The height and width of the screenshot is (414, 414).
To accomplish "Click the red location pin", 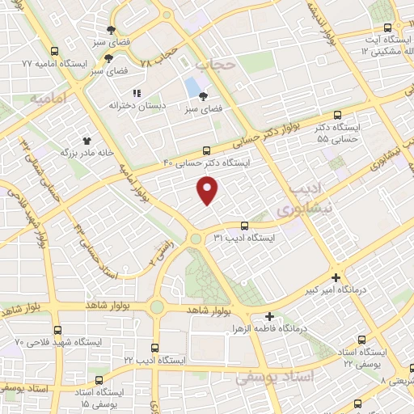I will pos(209,191).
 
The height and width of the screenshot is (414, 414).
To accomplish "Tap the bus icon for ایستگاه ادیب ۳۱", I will pos(244,226).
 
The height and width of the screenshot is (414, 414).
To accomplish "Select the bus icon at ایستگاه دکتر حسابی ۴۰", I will pos(207,150).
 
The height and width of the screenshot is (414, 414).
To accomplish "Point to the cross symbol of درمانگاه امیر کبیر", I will pos(336,276).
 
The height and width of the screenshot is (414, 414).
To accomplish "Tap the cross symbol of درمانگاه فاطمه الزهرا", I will pos(270,316).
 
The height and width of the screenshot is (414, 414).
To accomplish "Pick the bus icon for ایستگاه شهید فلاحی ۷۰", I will pos(57,330).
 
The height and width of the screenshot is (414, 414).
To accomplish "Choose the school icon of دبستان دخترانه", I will pos(137,93).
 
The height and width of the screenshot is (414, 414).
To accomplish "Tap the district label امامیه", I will pos(48,100).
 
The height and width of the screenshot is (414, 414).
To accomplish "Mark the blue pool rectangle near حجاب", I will pos(192,86).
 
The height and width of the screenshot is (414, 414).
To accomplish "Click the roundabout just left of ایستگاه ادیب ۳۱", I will pos(196,238).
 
